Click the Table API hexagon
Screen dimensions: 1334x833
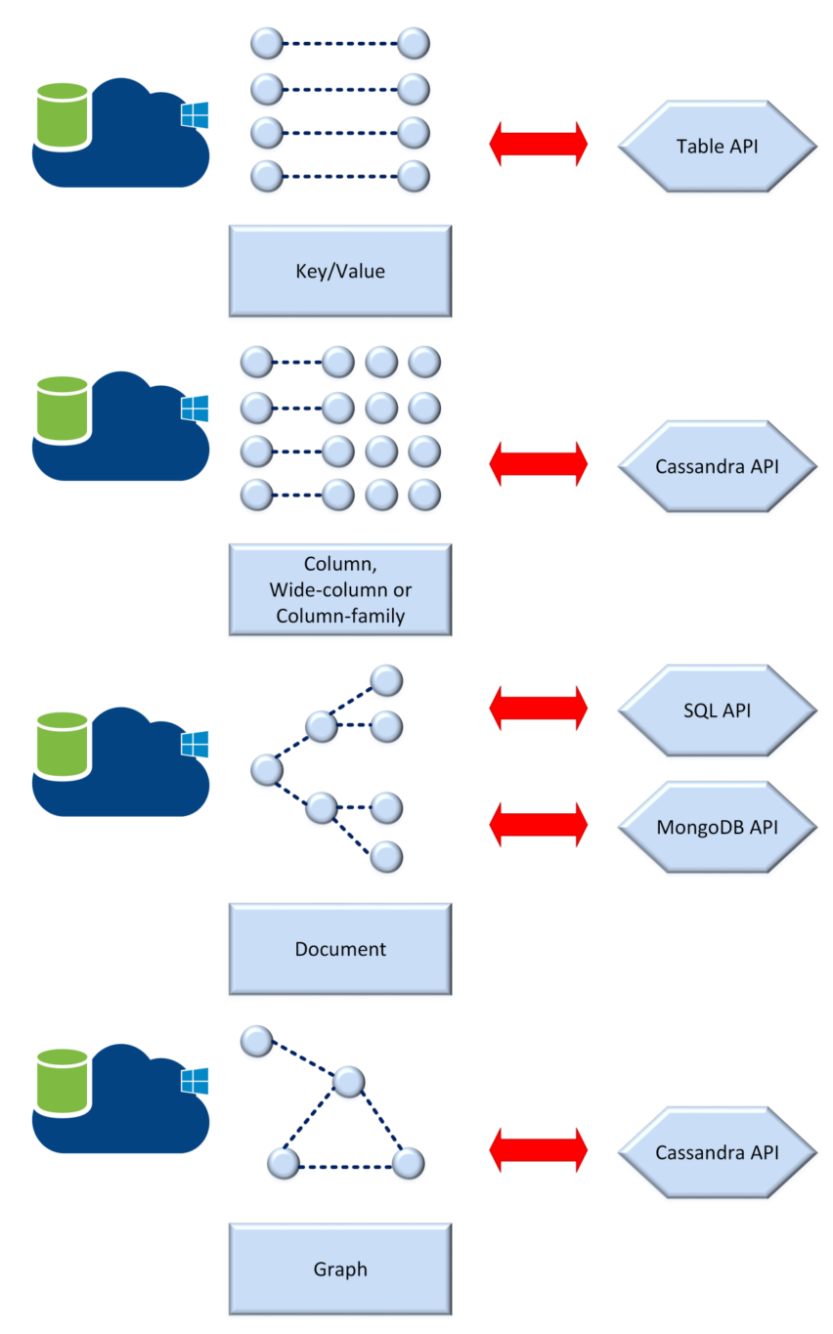718,147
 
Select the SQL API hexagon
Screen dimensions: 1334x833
718,710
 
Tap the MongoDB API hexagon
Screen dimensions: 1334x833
718,827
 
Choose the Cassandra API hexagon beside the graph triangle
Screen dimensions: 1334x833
718,1152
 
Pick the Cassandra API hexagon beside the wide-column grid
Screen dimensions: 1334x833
718,466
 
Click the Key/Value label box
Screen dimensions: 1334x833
340,271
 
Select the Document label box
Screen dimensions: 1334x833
340,949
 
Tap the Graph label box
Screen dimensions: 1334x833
340,1269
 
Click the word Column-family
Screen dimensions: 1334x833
340,616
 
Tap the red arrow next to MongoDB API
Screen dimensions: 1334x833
539,825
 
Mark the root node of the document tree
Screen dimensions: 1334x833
266,769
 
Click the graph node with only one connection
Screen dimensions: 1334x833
256,1041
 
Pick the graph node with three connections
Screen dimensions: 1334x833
349,1081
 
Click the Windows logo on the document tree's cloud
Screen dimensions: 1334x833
195,745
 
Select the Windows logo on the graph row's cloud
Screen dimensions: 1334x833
195,1081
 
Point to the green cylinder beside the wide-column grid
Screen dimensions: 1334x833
63,409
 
